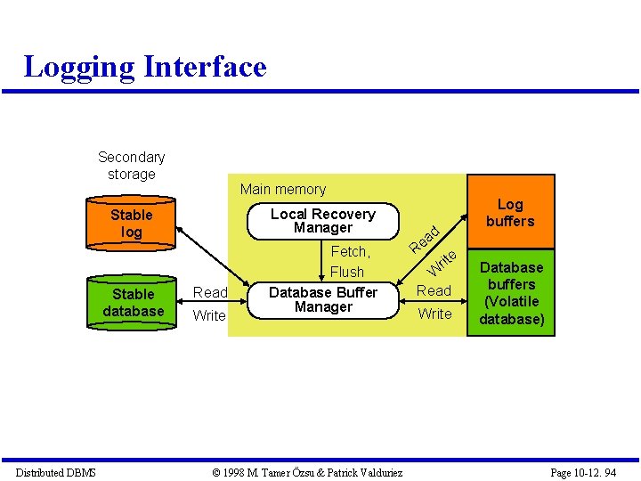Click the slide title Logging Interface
pos(145,67)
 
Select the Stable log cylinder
pos(132,224)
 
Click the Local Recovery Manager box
pos(323,221)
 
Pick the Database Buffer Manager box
pos(323,299)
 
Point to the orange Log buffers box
pos(510,213)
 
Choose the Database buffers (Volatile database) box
pos(511,293)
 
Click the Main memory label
pos(283,189)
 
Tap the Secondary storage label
pos(132,166)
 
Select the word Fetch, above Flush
pos(350,252)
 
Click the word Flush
pos(347,272)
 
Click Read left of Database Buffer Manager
pos(211,292)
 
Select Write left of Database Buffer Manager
pos(209,315)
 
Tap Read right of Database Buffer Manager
pos(434,290)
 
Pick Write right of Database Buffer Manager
pos(435,314)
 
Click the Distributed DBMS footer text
pos(55,472)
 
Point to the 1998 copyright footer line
pos(307,472)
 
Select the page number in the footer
pos(583,472)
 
